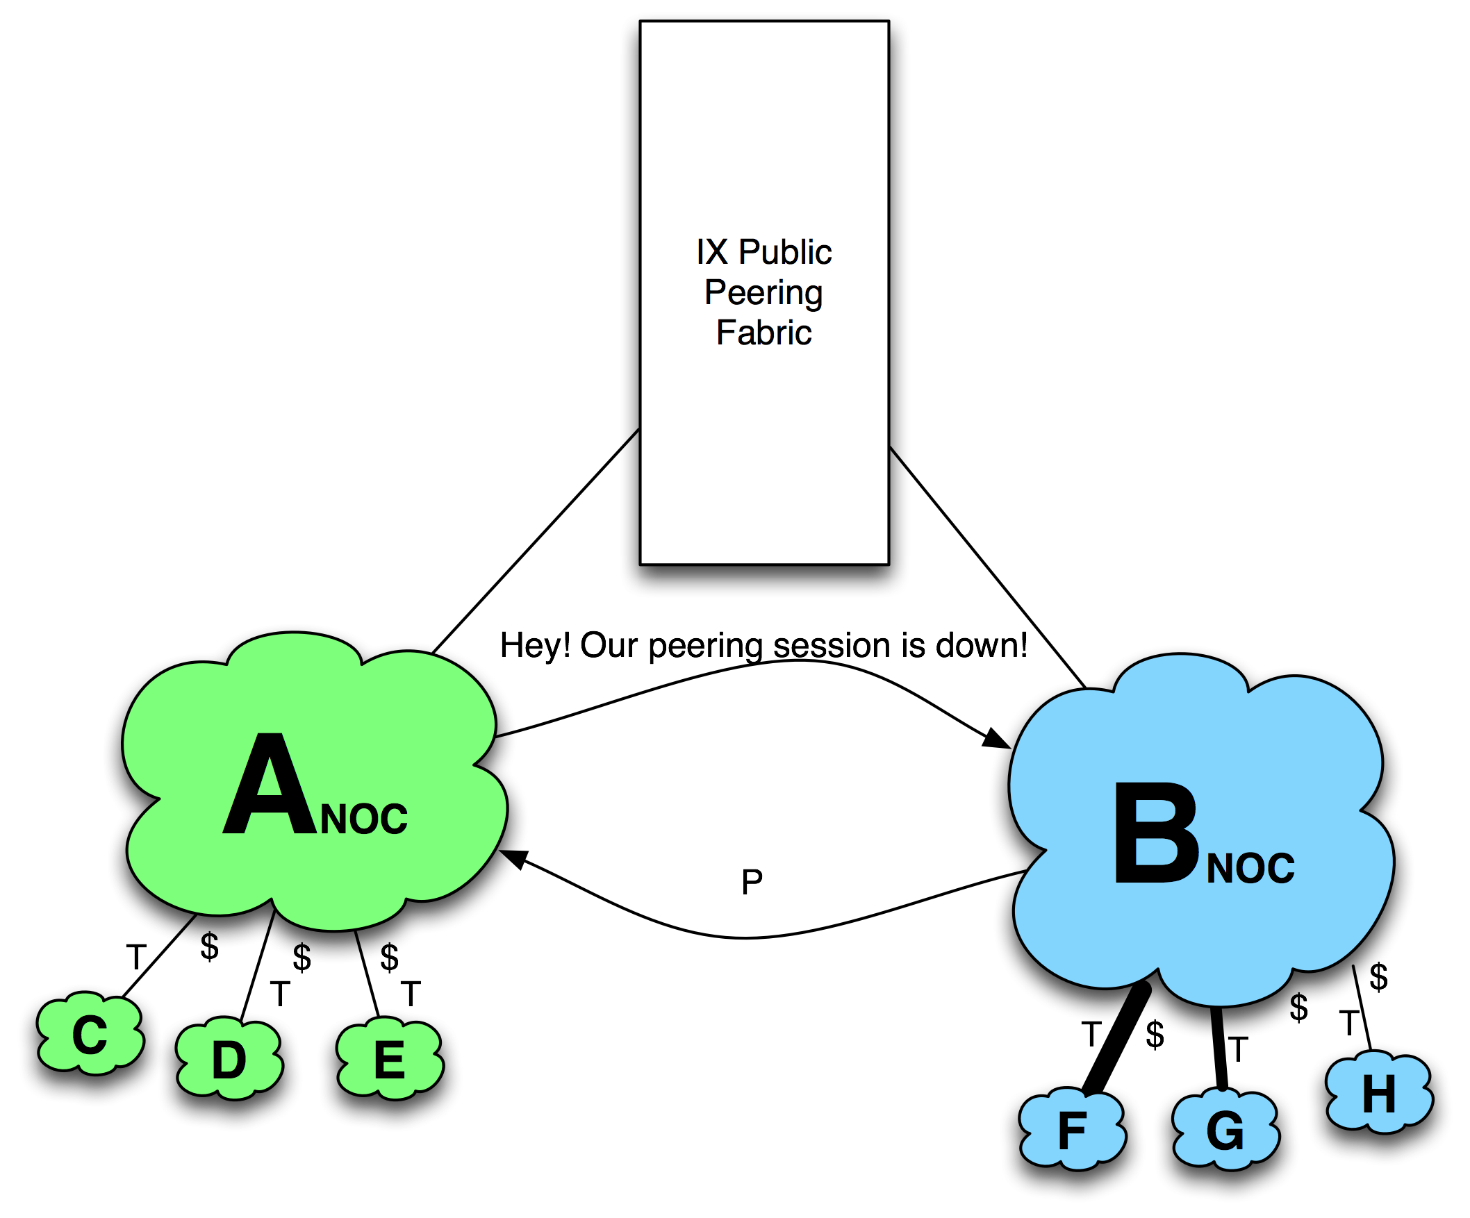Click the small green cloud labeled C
click(90, 1035)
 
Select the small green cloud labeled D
click(229, 1060)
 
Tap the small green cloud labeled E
click(389, 1060)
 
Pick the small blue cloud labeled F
click(1072, 1131)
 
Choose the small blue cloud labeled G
click(1225, 1131)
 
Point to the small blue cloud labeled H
click(1378, 1094)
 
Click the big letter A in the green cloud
click(270, 787)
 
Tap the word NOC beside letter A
click(363, 819)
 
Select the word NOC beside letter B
click(1250, 868)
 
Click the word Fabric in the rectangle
click(763, 333)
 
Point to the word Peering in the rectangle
click(763, 292)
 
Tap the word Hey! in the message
click(535, 645)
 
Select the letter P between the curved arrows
click(752, 881)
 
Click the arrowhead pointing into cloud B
click(993, 738)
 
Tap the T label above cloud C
click(136, 957)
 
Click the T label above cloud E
click(411, 994)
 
